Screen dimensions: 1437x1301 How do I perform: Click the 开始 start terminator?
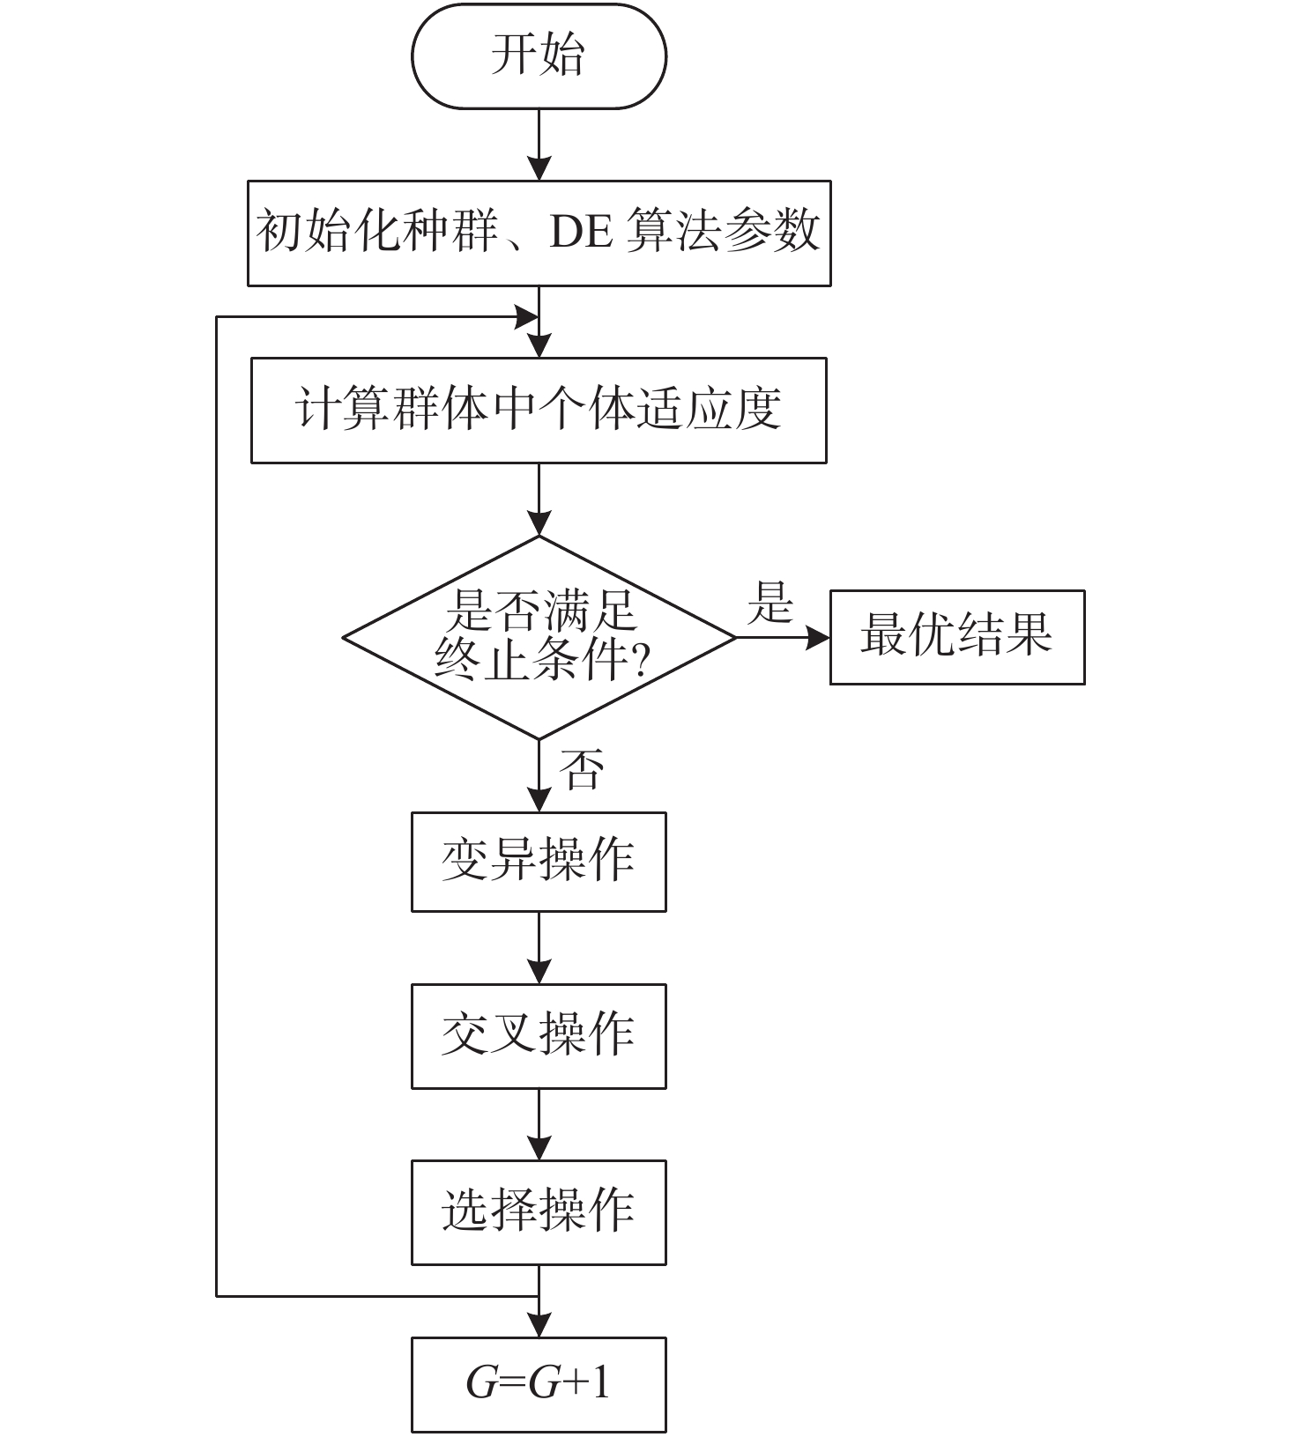539,56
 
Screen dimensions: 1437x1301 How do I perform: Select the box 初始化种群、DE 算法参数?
539,233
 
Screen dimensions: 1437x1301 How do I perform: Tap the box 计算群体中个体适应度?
539,411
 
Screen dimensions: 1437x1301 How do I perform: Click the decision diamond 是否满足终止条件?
539,637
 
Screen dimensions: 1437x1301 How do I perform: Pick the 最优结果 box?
957,637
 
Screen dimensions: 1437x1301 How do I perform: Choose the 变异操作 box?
539,862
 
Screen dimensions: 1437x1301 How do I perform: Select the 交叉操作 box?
539,1036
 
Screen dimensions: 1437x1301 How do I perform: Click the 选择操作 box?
539,1212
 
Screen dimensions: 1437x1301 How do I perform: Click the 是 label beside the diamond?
769,604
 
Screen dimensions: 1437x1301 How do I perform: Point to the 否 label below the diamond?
582,770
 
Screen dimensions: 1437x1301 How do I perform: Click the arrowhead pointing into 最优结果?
818,637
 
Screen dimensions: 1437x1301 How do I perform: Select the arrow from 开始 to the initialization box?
539,145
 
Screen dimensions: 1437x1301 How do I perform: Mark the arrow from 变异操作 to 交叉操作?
539,948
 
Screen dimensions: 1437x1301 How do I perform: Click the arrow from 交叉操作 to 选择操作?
539,1124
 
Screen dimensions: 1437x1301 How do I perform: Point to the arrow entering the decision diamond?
539,500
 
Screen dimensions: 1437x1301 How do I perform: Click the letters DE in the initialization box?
581,233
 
